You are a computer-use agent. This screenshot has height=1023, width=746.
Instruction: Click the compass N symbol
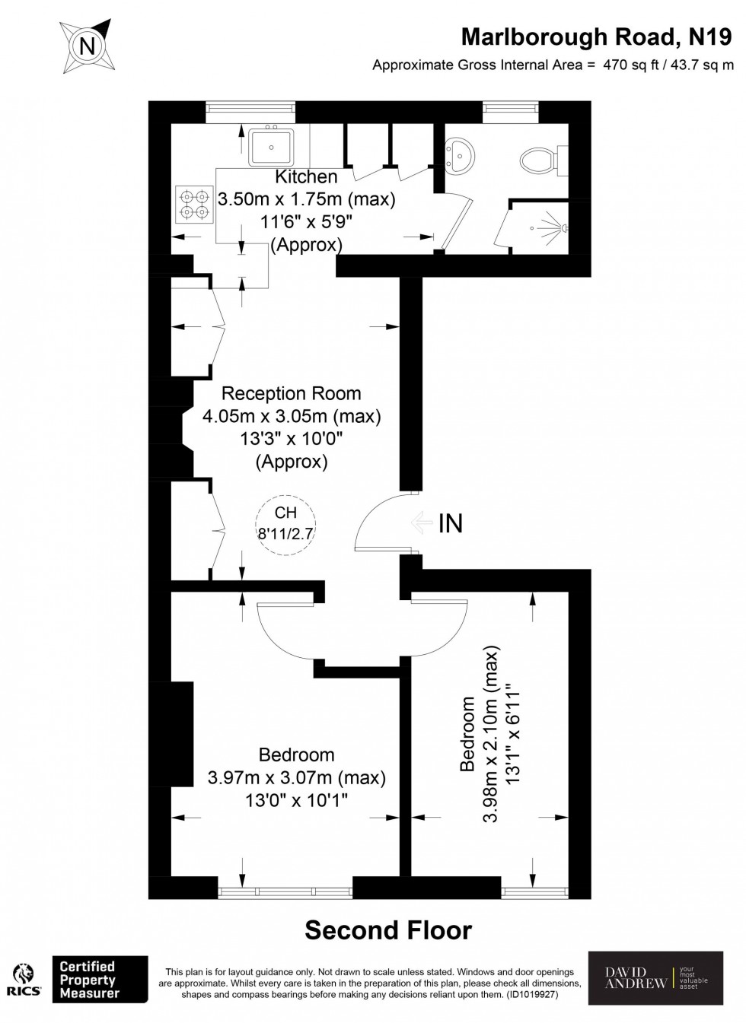click(x=86, y=46)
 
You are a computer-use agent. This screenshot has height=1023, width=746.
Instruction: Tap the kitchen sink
click(x=272, y=146)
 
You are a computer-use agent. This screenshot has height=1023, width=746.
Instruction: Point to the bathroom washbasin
click(x=459, y=154)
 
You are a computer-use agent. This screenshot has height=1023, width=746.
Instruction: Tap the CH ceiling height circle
click(x=285, y=526)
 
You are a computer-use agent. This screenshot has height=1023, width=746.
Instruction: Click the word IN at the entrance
click(x=451, y=523)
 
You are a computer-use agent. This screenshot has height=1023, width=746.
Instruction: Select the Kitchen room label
click(x=306, y=176)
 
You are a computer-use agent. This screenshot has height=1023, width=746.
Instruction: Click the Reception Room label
click(x=292, y=393)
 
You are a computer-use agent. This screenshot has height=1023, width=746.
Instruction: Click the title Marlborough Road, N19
click(x=597, y=37)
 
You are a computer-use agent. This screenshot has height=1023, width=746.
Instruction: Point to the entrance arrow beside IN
click(x=422, y=523)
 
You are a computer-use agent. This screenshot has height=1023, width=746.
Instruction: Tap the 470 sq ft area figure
click(x=631, y=65)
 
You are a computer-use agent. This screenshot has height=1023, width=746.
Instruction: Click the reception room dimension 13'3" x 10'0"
click(x=292, y=439)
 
